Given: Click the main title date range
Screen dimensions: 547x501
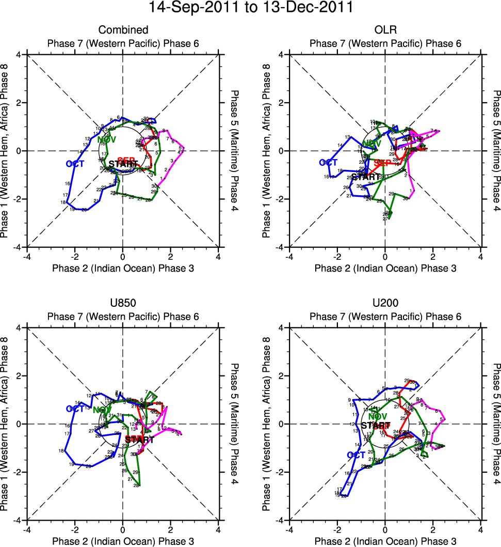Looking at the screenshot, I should (250, 8).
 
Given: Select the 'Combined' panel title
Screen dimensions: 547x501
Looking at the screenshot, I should (123, 30).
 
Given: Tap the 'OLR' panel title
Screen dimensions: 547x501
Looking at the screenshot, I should (385, 30).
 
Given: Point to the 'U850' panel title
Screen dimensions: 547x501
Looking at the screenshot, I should (123, 304).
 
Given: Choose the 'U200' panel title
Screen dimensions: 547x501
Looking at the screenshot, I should (385, 304).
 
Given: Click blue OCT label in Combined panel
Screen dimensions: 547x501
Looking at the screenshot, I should (75, 164).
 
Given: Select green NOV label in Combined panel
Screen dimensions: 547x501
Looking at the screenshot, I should (107, 139).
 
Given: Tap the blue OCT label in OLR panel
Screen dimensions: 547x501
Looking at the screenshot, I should (329, 163).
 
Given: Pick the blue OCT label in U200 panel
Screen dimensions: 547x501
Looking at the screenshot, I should (356, 455).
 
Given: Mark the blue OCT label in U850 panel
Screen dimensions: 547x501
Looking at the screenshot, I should (75, 409).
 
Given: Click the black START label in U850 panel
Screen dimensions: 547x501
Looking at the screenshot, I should (139, 440).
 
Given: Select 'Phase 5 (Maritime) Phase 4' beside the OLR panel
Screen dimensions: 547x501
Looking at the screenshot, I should (496, 150).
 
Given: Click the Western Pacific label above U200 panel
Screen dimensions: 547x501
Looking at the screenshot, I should (385, 317).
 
